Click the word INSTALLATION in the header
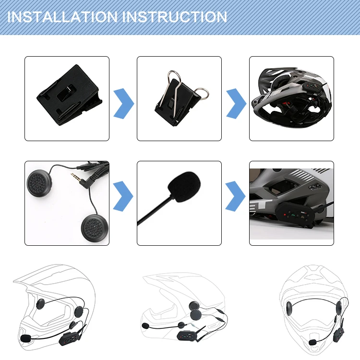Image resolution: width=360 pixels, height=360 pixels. click(x=62, y=17)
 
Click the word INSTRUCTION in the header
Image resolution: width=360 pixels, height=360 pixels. click(x=175, y=17)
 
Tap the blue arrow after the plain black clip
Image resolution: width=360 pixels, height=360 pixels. click(x=123, y=104)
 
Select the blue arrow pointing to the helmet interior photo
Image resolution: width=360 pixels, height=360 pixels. click(x=236, y=104)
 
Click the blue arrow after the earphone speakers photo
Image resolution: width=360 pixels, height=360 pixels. click(x=123, y=196)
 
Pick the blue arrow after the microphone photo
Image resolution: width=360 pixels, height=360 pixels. click(x=235, y=196)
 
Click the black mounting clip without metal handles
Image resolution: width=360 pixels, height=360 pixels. click(x=69, y=95)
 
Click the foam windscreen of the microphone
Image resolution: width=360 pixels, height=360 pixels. click(x=184, y=186)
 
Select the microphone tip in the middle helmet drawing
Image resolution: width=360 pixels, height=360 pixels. click(x=145, y=325)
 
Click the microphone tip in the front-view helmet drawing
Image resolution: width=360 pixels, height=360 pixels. click(x=312, y=342)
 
